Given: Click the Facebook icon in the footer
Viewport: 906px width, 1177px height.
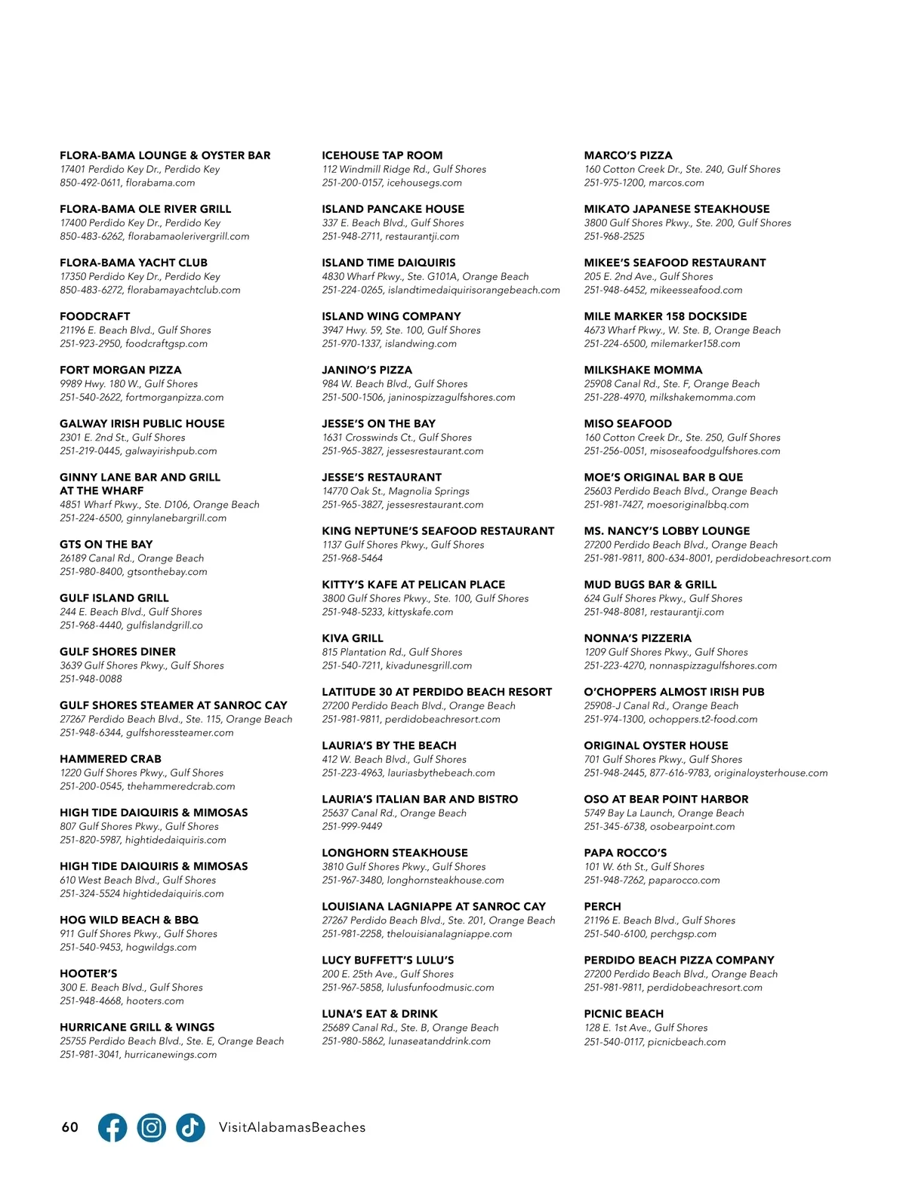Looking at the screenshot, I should pyautogui.click(x=112, y=1127).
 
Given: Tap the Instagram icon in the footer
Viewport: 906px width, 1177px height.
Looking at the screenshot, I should pyautogui.click(x=152, y=1127).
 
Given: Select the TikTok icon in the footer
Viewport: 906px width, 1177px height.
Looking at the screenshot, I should pyautogui.click(x=190, y=1127).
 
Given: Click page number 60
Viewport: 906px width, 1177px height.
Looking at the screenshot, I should pyautogui.click(x=69, y=1127).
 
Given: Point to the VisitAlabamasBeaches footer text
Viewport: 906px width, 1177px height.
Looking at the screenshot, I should pyautogui.click(x=291, y=1127).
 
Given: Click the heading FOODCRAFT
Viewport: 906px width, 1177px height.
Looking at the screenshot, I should pyautogui.click(x=95, y=316).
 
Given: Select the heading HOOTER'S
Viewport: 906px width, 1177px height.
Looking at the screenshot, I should pyautogui.click(x=88, y=973).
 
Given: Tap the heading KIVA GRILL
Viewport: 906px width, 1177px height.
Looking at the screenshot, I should pyautogui.click(x=353, y=638).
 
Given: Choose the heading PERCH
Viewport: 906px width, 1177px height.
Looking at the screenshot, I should pyautogui.click(x=602, y=906).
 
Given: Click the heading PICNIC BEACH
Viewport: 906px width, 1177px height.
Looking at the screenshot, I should pyautogui.click(x=624, y=1013).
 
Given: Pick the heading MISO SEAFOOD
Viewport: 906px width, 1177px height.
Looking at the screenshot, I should pyautogui.click(x=627, y=423).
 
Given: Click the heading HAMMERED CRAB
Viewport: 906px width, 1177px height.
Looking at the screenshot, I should pyautogui.click(x=110, y=759).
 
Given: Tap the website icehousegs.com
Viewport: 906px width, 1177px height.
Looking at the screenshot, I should pyautogui.click(x=424, y=183).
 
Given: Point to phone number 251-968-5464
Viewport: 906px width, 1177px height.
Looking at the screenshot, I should pyautogui.click(x=352, y=558).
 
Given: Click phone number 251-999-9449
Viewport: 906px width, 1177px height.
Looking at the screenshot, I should pyautogui.click(x=352, y=826).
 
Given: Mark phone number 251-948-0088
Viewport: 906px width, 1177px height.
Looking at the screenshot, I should pyautogui.click(x=91, y=679).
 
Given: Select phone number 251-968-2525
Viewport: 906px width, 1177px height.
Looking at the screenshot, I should pyautogui.click(x=614, y=236).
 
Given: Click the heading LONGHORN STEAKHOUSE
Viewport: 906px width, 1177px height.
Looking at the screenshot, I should pyautogui.click(x=395, y=853).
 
